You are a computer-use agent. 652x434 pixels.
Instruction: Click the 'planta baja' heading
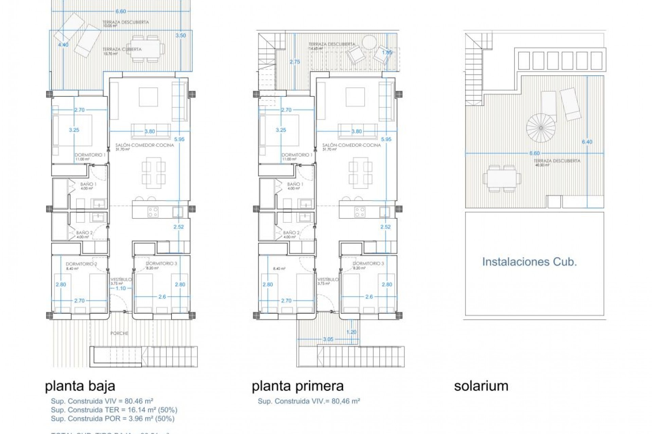(80, 386)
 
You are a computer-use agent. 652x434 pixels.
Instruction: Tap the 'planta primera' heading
(297, 386)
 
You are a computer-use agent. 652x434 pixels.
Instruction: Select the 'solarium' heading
(481, 386)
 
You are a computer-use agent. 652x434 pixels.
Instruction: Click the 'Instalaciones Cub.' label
(529, 262)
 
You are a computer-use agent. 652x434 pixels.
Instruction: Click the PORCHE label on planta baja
(120, 333)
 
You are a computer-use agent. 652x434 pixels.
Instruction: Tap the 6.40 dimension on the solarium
(587, 142)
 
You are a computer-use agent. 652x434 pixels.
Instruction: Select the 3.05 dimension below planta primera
(328, 339)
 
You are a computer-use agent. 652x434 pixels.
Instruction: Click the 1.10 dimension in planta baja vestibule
(121, 288)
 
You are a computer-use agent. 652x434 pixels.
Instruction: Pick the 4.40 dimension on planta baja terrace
(63, 45)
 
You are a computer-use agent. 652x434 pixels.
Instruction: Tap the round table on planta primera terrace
(369, 42)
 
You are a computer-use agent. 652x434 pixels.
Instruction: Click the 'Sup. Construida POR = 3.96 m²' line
(112, 419)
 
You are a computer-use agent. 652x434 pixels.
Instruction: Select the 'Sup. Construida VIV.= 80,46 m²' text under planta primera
(309, 401)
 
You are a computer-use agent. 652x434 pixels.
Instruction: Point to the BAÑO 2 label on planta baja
(84, 233)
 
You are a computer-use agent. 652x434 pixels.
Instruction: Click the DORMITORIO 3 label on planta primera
(368, 263)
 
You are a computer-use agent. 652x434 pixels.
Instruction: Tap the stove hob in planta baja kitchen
(153, 212)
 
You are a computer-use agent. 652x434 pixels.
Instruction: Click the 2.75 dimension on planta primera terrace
(295, 62)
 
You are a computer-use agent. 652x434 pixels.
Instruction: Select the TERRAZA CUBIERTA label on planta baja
(122, 49)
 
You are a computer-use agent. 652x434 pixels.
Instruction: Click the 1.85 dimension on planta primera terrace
(387, 53)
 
